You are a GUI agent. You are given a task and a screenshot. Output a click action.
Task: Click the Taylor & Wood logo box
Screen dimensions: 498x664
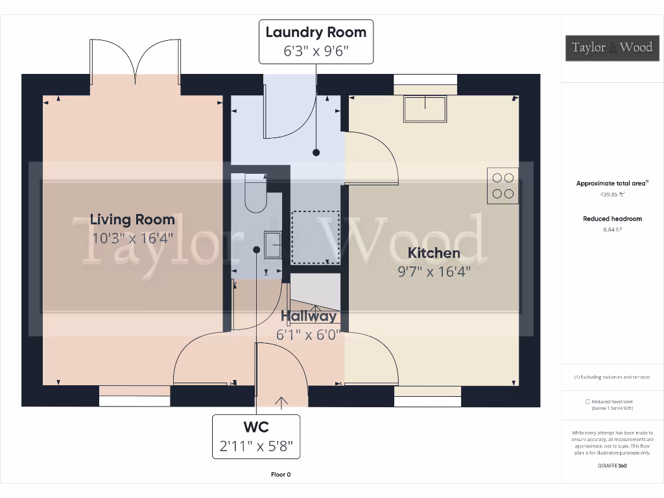pyautogui.click(x=611, y=47)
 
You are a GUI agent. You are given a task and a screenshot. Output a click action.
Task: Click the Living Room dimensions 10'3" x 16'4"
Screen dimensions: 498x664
pyautogui.click(x=132, y=238)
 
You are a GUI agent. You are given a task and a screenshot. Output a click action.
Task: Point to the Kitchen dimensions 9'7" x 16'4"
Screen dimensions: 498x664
pyautogui.click(x=434, y=271)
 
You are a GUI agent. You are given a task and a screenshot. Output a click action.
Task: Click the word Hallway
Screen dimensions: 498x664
pyautogui.click(x=309, y=316)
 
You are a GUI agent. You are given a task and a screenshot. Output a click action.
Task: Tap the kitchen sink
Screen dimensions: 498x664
pyautogui.click(x=425, y=108)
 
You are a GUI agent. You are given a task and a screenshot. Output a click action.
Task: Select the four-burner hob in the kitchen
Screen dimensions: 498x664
pyautogui.click(x=503, y=185)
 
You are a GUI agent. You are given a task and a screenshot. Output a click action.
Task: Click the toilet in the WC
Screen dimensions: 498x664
pyautogui.click(x=255, y=194)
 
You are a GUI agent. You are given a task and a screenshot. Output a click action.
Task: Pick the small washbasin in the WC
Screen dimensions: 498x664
pyautogui.click(x=272, y=244)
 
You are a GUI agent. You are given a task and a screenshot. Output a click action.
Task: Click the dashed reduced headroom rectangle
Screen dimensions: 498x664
pyautogui.click(x=316, y=237)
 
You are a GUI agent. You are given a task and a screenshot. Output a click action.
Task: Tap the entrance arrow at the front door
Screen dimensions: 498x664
pyautogui.click(x=281, y=403)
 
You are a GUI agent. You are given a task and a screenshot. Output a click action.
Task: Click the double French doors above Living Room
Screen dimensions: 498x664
pyautogui.click(x=136, y=63)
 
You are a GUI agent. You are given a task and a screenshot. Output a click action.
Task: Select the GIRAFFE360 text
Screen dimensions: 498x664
pyautogui.click(x=611, y=466)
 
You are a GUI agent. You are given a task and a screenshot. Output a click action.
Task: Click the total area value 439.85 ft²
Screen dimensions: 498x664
pyautogui.click(x=611, y=194)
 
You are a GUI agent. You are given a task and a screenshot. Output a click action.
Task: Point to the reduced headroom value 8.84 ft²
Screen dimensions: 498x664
pyautogui.click(x=611, y=229)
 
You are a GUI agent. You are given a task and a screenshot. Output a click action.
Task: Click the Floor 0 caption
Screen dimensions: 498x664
pyautogui.click(x=281, y=475)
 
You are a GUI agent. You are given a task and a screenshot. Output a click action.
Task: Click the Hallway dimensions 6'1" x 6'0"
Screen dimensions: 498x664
pyautogui.click(x=309, y=335)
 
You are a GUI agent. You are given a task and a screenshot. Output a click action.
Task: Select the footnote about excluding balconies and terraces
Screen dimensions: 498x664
pyautogui.click(x=611, y=377)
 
